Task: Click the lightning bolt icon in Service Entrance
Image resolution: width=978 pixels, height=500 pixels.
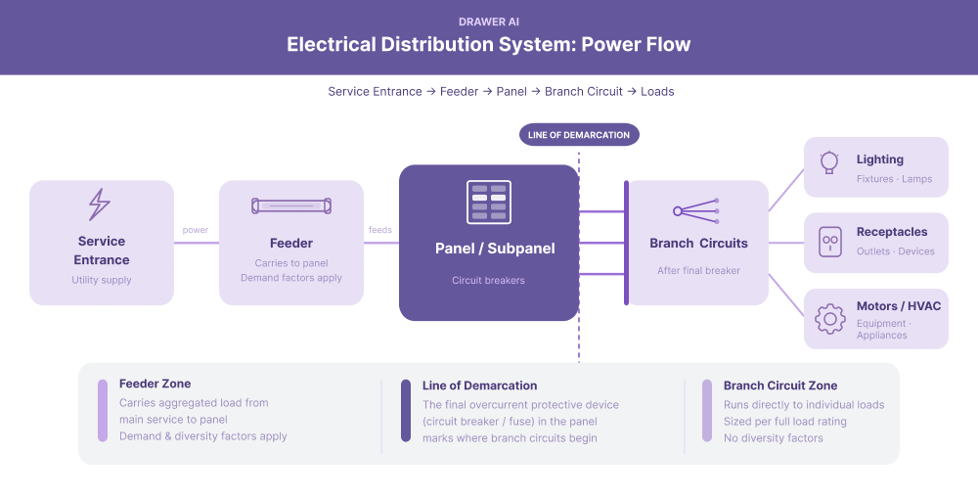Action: pos(100,205)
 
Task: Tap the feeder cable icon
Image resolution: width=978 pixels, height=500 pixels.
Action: pos(291,206)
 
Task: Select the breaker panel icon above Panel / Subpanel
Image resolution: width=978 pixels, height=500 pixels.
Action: pos(488,203)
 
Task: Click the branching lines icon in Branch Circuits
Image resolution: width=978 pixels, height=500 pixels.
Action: pos(697,209)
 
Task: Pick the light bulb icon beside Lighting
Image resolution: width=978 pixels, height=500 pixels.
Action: pos(829,161)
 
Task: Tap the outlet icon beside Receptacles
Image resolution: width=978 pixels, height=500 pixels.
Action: pos(829,240)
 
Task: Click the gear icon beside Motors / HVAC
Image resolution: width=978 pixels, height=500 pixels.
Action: pos(829,318)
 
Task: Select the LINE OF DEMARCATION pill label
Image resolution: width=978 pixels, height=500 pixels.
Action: pos(578,135)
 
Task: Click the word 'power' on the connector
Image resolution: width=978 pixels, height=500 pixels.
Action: pos(196,230)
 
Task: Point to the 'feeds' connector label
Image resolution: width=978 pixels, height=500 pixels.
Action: pos(380,230)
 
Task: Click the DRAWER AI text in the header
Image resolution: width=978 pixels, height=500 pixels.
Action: pos(489,22)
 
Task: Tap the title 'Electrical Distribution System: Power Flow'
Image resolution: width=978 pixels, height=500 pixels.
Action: pos(489,45)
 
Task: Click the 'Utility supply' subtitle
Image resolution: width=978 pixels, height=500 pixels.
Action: pos(102,280)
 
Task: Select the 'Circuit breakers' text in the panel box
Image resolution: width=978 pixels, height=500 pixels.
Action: pos(488,280)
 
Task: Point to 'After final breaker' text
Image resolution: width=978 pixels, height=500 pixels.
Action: pos(698,270)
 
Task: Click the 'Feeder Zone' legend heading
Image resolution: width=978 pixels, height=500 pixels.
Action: pos(155,385)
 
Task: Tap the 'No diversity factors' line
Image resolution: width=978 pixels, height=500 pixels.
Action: pos(773,437)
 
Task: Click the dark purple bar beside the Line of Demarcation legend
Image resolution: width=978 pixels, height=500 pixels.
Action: pos(406,411)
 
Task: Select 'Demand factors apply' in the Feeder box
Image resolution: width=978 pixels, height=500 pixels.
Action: pos(291,278)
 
